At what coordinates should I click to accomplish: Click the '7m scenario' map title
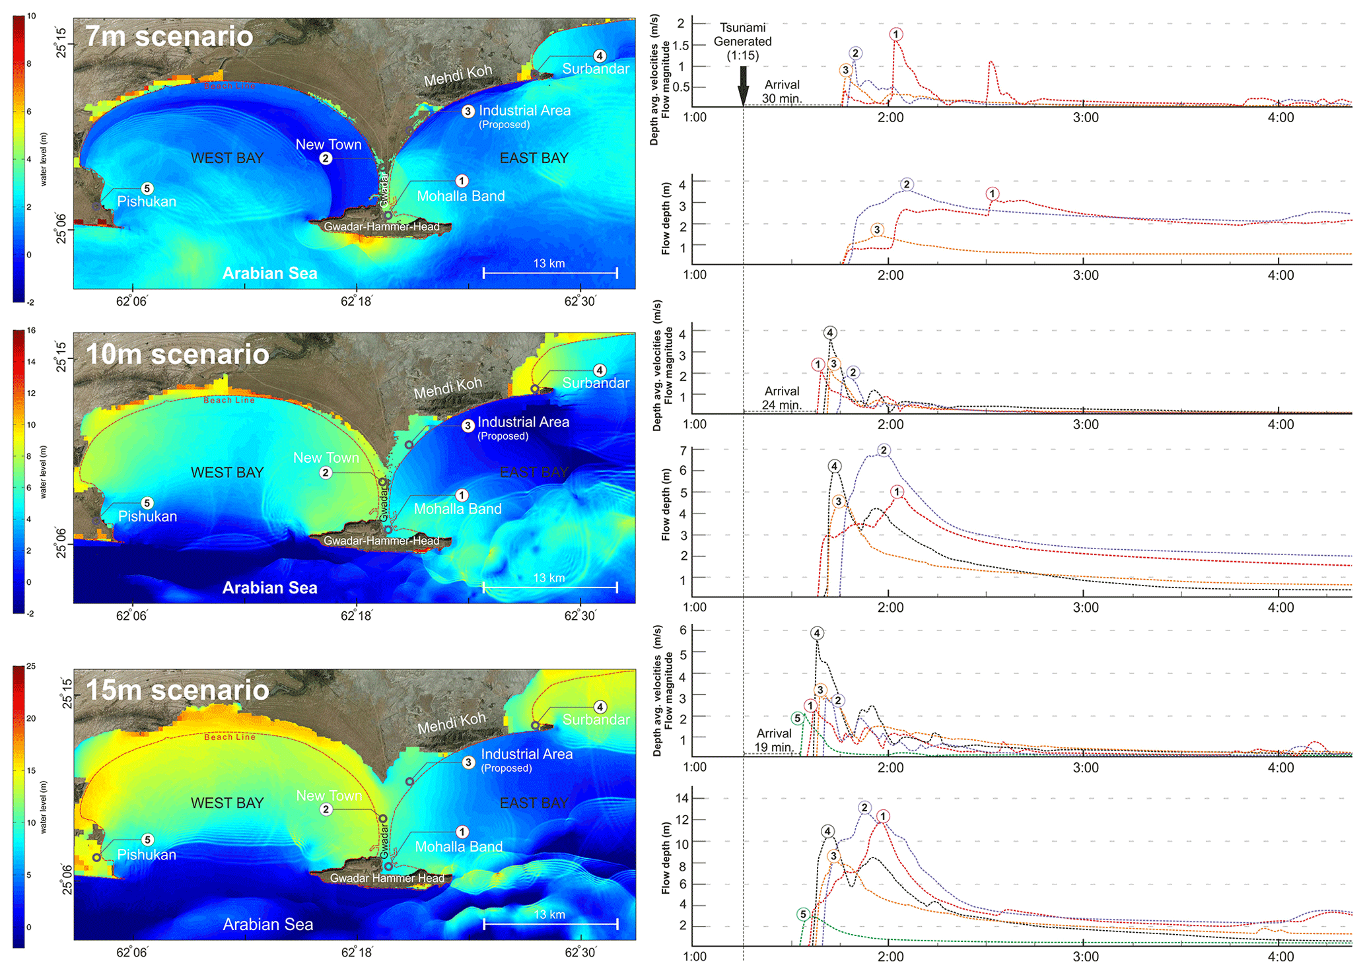(x=169, y=36)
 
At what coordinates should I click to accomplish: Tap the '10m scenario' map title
(x=178, y=354)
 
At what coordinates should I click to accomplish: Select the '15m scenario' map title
(x=178, y=690)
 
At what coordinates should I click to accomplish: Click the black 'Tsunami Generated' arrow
(x=743, y=85)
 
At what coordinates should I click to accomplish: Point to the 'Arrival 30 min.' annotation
(x=781, y=92)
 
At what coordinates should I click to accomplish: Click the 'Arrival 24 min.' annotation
(x=781, y=398)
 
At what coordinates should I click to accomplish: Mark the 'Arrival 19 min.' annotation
(x=773, y=740)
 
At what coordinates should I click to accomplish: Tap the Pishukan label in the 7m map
(x=147, y=201)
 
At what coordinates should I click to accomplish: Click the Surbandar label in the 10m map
(x=596, y=383)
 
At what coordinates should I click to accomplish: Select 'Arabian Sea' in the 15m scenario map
(x=268, y=924)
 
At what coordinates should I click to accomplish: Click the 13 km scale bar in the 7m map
(x=550, y=272)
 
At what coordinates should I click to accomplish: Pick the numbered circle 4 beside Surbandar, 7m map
(x=599, y=56)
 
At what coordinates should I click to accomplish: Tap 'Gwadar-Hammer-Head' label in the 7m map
(x=382, y=226)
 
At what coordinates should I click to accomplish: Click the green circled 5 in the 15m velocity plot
(x=797, y=718)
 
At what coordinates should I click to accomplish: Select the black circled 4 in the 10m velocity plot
(x=829, y=333)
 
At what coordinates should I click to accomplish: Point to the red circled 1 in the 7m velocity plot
(x=895, y=34)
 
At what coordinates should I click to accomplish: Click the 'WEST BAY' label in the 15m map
(x=227, y=803)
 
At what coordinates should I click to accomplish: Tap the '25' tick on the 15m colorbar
(x=31, y=666)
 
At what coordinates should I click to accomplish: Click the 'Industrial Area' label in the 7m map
(x=524, y=111)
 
